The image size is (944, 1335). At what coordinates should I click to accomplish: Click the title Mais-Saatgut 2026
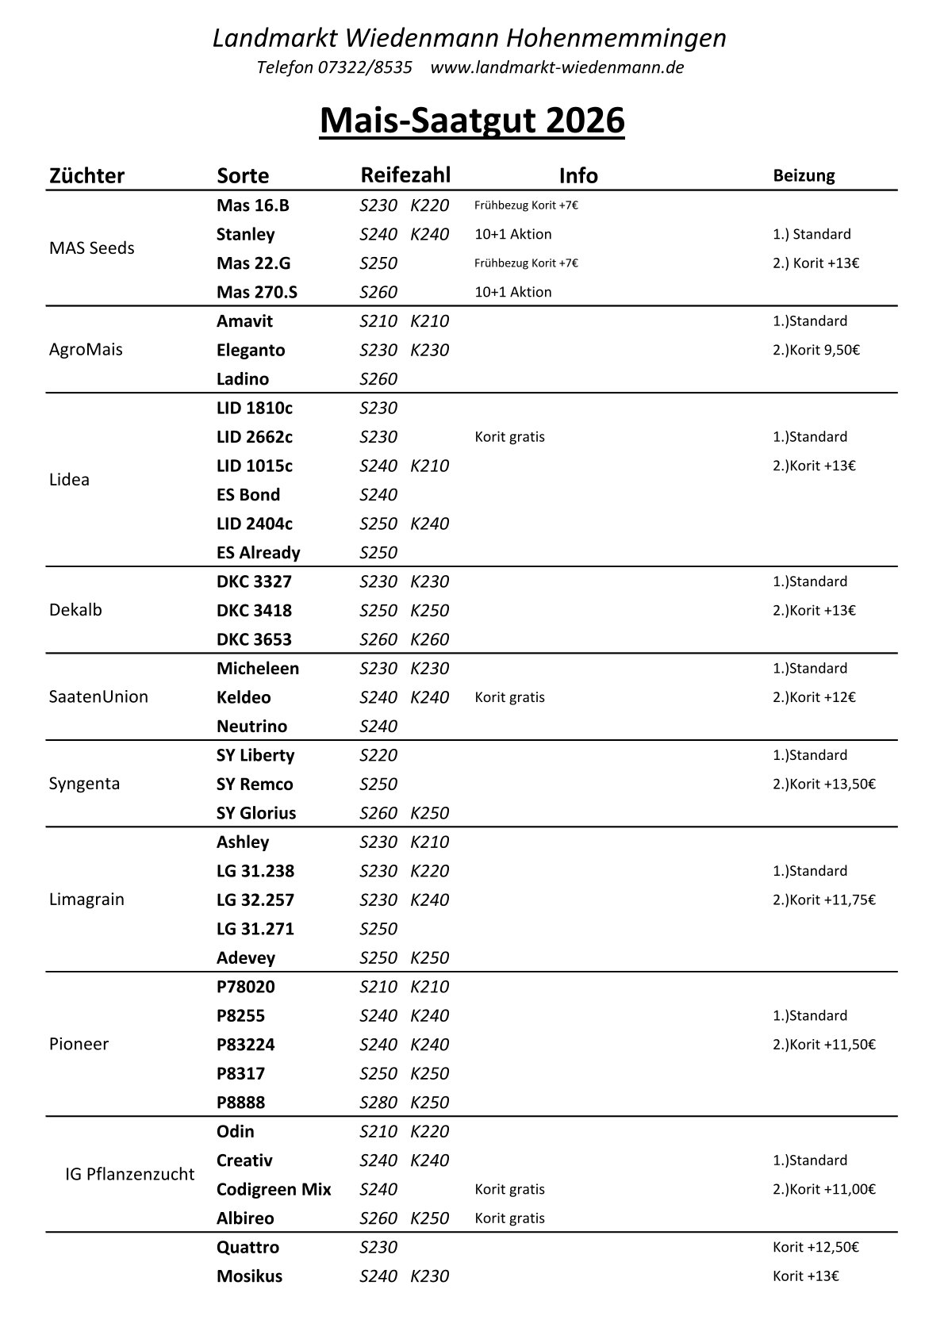tap(472, 121)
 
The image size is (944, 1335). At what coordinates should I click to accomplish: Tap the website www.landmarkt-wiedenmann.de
tap(557, 67)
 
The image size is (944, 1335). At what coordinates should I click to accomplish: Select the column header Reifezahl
tap(405, 175)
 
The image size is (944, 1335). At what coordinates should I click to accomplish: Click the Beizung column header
tap(804, 175)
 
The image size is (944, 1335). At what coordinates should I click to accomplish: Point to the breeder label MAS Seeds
tap(91, 248)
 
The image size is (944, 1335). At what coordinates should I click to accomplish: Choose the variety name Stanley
tap(245, 234)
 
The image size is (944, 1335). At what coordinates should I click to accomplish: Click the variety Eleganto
tap(251, 350)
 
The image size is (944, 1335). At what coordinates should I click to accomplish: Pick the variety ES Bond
tap(248, 495)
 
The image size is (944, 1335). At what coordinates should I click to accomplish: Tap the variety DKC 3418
tap(254, 611)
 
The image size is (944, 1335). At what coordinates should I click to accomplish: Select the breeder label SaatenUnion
tap(98, 697)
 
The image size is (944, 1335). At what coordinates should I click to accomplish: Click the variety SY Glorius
tap(255, 813)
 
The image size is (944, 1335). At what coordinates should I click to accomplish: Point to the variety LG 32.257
tap(255, 900)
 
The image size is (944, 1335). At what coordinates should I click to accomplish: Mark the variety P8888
tap(240, 1103)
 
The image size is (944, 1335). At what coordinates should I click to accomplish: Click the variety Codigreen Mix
tap(274, 1190)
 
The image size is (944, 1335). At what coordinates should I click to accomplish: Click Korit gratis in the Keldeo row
tap(509, 697)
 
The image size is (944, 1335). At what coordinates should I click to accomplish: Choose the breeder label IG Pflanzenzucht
tap(129, 1175)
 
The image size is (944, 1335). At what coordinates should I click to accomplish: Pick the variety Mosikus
tap(249, 1276)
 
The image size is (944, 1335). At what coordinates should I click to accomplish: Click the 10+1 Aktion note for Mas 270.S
tap(512, 292)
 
